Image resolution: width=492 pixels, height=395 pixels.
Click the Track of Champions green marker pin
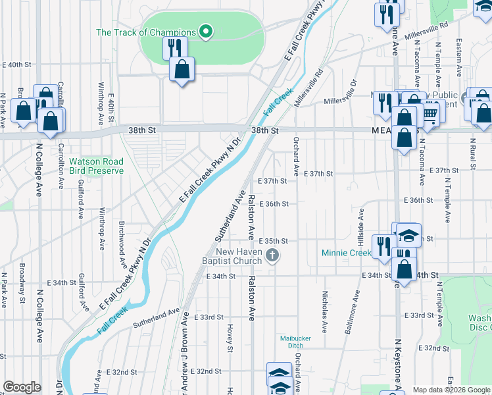coord(205,32)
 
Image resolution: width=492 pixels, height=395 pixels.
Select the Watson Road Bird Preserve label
coord(96,165)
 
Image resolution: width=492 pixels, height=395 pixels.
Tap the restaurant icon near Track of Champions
coord(174,47)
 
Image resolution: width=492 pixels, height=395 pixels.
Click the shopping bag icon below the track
coord(182,69)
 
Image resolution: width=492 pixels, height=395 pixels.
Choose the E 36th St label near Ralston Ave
coord(274,204)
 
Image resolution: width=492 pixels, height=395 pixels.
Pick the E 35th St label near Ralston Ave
coord(274,242)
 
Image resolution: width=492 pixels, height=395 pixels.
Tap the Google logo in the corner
coord(22,387)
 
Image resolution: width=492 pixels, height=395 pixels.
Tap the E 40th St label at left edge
coord(18,65)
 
